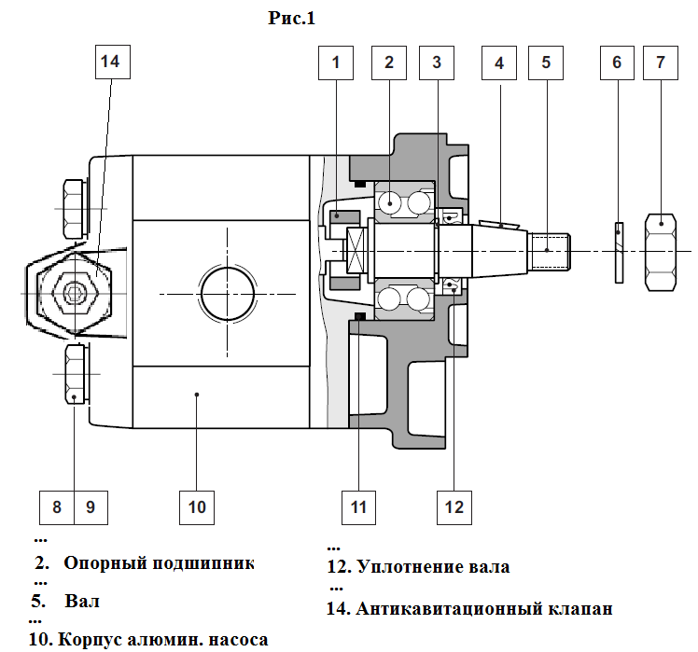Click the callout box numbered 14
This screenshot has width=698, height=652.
tap(113, 62)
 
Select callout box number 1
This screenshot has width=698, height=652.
tap(336, 62)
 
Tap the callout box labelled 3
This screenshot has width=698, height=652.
tap(437, 62)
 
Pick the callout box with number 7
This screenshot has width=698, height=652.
tap(661, 62)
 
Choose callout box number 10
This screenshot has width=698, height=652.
tap(197, 507)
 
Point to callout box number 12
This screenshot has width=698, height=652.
tap(454, 507)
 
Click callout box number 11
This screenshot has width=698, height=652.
tap(358, 507)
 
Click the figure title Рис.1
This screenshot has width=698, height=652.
tap(291, 18)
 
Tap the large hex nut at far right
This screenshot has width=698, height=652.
tap(661, 252)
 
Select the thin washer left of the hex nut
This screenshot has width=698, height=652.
tap(619, 253)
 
